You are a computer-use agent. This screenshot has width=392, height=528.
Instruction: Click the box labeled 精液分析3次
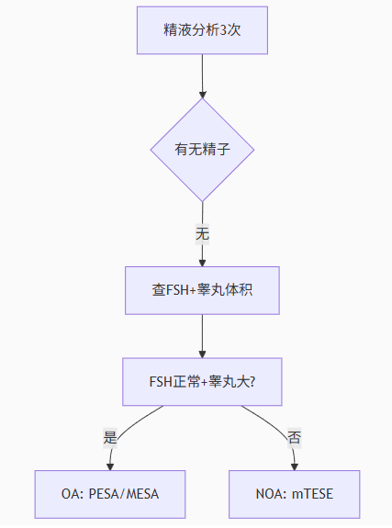(202, 30)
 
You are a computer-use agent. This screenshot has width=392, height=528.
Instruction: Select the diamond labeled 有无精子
(202, 150)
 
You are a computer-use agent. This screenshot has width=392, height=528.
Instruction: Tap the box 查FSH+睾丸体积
(202, 290)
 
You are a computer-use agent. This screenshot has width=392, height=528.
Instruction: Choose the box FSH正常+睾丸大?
(202, 381)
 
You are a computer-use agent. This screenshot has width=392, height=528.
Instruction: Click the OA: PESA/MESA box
(110, 494)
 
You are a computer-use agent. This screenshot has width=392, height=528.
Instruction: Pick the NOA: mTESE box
(295, 494)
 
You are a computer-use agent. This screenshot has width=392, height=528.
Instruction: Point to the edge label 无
(202, 233)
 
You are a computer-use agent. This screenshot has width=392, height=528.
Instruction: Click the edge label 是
(110, 437)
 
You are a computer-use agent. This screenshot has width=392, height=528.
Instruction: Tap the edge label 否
(295, 437)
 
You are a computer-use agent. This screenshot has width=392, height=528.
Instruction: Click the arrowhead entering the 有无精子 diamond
(202, 95)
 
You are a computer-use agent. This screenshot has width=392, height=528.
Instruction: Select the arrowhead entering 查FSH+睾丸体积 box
(202, 263)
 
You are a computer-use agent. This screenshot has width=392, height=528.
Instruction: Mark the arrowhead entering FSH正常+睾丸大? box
(202, 354)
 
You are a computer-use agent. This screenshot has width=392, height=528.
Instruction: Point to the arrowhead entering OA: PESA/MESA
(110, 466)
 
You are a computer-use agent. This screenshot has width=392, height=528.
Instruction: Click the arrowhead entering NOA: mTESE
(295, 466)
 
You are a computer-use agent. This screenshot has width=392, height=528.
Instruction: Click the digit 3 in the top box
(223, 30)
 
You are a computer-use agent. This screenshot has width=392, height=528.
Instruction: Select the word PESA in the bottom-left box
(104, 494)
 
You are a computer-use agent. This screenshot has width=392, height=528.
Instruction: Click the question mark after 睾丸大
(252, 382)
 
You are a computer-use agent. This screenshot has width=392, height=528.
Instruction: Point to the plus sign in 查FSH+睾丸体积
(193, 290)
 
